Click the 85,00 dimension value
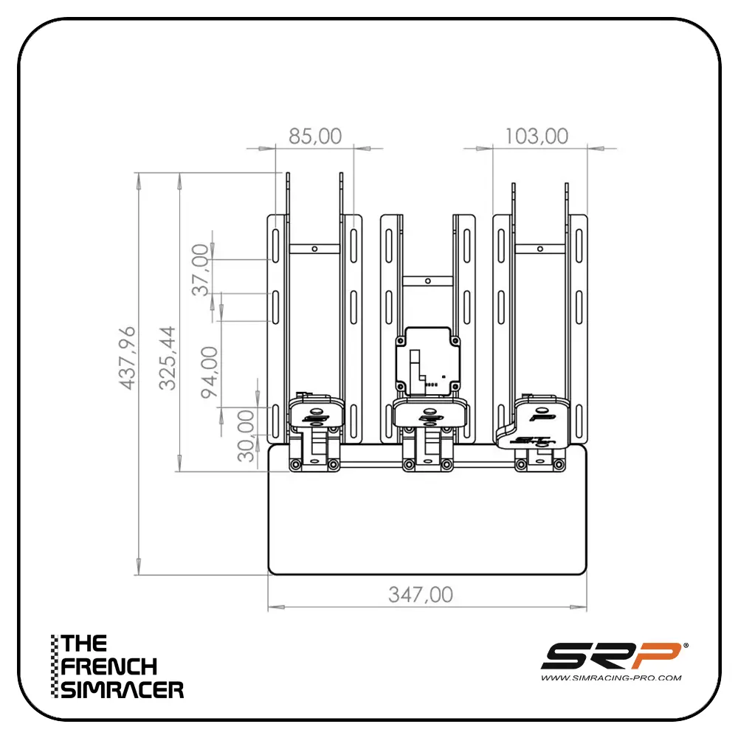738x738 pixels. click(314, 137)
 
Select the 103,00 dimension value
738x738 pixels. click(537, 137)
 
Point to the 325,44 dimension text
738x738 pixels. click(169, 358)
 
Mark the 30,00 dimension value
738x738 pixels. click(246, 435)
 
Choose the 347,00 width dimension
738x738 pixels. click(421, 595)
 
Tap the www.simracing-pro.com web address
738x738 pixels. click(611, 677)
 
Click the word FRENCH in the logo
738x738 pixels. click(110, 666)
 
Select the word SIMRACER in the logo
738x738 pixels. click(123, 690)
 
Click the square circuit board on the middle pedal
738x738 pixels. click(428, 362)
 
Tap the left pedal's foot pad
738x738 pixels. click(316, 415)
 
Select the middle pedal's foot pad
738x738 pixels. click(431, 415)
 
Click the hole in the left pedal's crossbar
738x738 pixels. click(314, 249)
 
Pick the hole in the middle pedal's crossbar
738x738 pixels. click(428, 280)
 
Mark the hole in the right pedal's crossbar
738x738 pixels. click(540, 249)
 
